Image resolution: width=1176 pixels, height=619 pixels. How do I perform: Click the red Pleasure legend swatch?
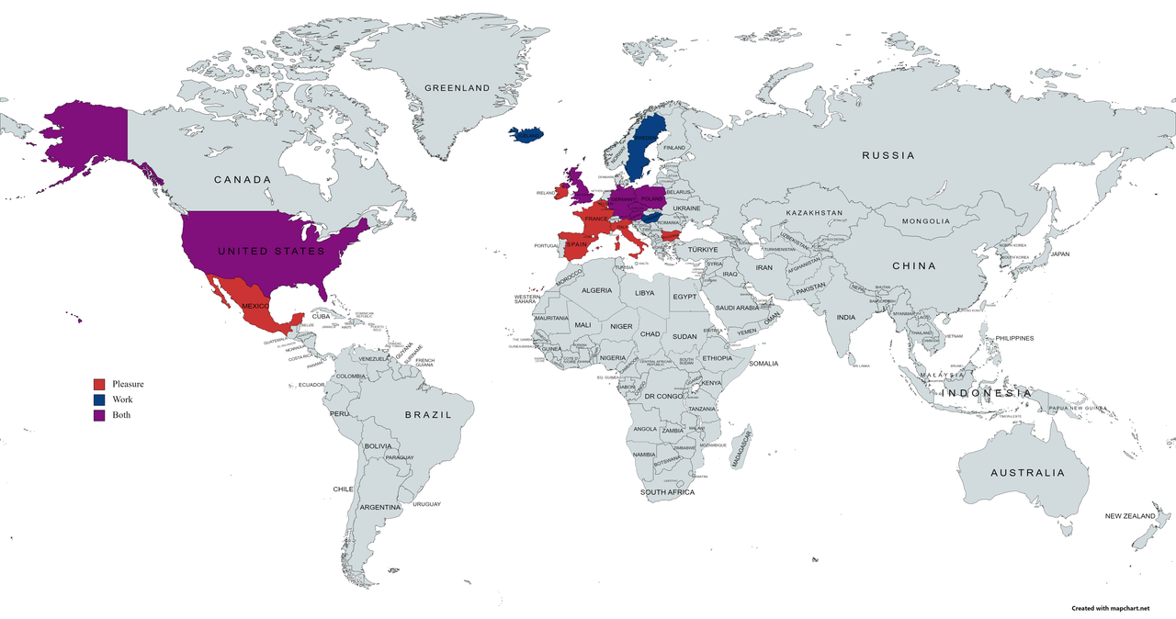click(x=99, y=384)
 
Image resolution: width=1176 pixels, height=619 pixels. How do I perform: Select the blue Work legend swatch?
click(x=99, y=400)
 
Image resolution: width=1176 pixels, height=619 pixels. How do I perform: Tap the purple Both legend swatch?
click(x=99, y=415)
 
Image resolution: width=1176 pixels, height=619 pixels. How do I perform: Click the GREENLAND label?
click(x=457, y=88)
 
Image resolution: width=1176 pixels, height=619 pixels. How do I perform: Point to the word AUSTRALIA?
click(x=1027, y=473)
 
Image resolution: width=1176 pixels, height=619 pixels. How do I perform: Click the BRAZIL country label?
click(x=429, y=415)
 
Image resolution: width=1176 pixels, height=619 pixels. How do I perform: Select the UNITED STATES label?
click(x=270, y=251)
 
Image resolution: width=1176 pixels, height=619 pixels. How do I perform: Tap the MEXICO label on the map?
click(x=254, y=305)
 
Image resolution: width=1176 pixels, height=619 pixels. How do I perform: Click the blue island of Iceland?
click(x=526, y=135)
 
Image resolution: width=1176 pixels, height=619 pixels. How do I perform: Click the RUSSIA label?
click(x=888, y=155)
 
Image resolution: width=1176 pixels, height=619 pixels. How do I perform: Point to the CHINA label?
click(x=913, y=266)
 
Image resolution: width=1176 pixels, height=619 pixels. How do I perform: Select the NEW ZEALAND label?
click(x=1130, y=516)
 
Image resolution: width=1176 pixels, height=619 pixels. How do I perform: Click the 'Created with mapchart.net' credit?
click(x=1110, y=608)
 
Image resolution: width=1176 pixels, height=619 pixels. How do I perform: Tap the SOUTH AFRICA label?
click(x=668, y=493)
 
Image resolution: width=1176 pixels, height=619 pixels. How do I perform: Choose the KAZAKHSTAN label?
click(x=814, y=213)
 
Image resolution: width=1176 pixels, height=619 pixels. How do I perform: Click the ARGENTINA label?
click(x=380, y=507)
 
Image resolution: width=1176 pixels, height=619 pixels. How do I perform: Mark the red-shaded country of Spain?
click(x=577, y=245)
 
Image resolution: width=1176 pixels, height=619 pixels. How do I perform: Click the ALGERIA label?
click(x=596, y=290)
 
